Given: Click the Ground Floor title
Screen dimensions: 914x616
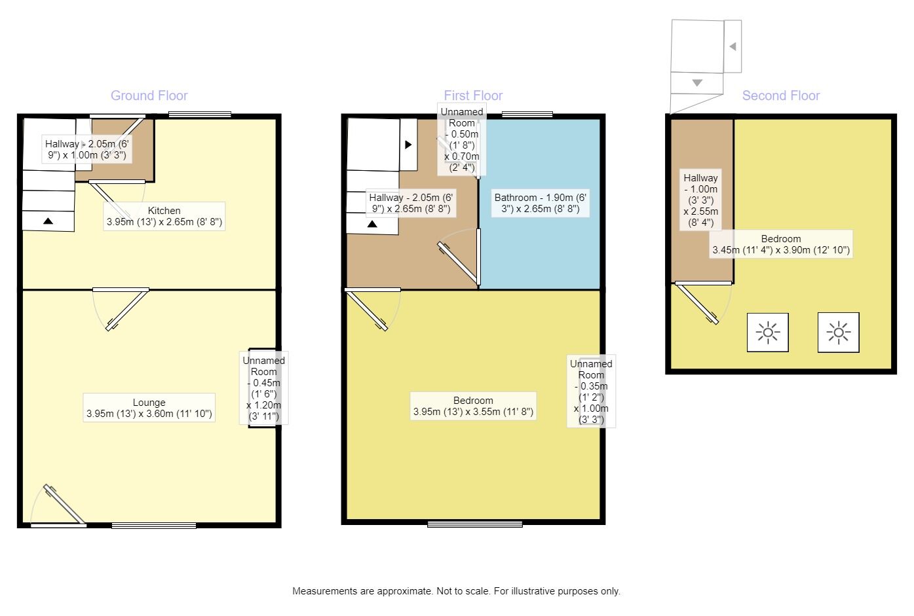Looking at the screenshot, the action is pyautogui.click(x=149, y=96).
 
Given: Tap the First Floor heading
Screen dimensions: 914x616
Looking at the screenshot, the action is pyautogui.click(x=473, y=96).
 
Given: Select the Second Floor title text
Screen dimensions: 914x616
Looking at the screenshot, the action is pyautogui.click(x=780, y=96).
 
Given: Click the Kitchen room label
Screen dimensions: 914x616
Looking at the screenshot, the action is pyautogui.click(x=164, y=216).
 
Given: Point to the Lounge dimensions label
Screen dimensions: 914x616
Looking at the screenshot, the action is pyautogui.click(x=149, y=408).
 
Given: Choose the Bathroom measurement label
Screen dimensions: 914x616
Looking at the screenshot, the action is pyautogui.click(x=541, y=203).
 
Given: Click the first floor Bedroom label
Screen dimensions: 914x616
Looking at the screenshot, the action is pyautogui.click(x=473, y=406).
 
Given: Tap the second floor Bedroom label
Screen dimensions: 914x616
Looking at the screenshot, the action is pyautogui.click(x=780, y=244).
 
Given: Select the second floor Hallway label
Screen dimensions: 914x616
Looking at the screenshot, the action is pyautogui.click(x=700, y=200).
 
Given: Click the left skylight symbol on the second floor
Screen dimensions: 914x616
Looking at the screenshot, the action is pyautogui.click(x=767, y=333).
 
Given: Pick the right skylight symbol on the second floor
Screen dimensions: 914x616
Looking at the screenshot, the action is pyautogui.click(x=839, y=333).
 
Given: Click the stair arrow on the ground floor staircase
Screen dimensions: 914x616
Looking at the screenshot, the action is pyautogui.click(x=48, y=221).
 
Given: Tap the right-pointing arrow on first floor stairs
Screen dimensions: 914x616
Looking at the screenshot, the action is pyautogui.click(x=408, y=144).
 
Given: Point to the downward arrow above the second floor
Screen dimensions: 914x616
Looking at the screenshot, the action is pyautogui.click(x=697, y=82).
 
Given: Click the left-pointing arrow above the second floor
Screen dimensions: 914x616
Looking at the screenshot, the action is pyautogui.click(x=733, y=46).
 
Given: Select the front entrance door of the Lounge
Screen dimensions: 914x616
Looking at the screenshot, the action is pyautogui.click(x=58, y=505).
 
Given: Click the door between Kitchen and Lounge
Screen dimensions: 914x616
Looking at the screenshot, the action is pyautogui.click(x=121, y=309).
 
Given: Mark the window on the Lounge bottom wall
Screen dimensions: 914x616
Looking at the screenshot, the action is pyautogui.click(x=154, y=526).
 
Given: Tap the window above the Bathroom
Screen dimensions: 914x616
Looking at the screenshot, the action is pyautogui.click(x=527, y=115).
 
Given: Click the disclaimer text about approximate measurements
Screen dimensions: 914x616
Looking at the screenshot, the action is pyautogui.click(x=456, y=591).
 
